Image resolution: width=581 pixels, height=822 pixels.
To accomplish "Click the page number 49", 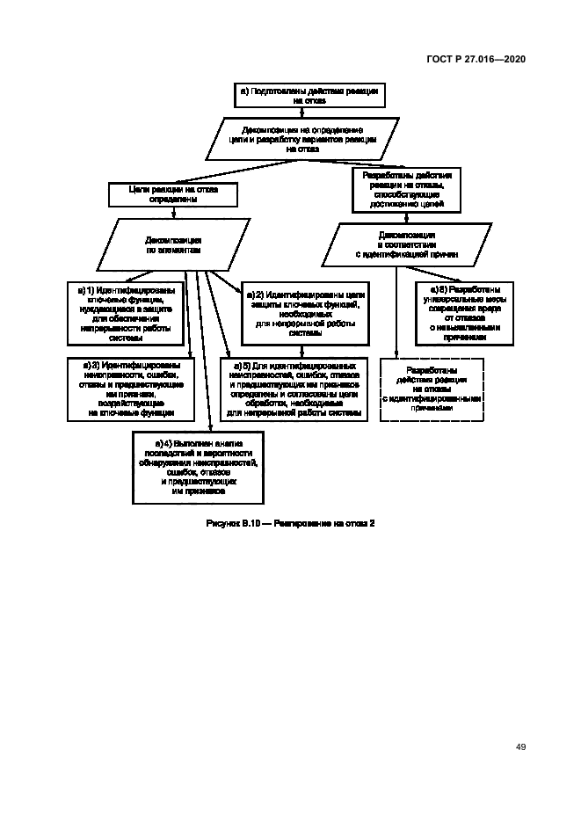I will point(520,746).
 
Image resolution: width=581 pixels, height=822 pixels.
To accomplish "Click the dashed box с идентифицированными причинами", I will point(432,388).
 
